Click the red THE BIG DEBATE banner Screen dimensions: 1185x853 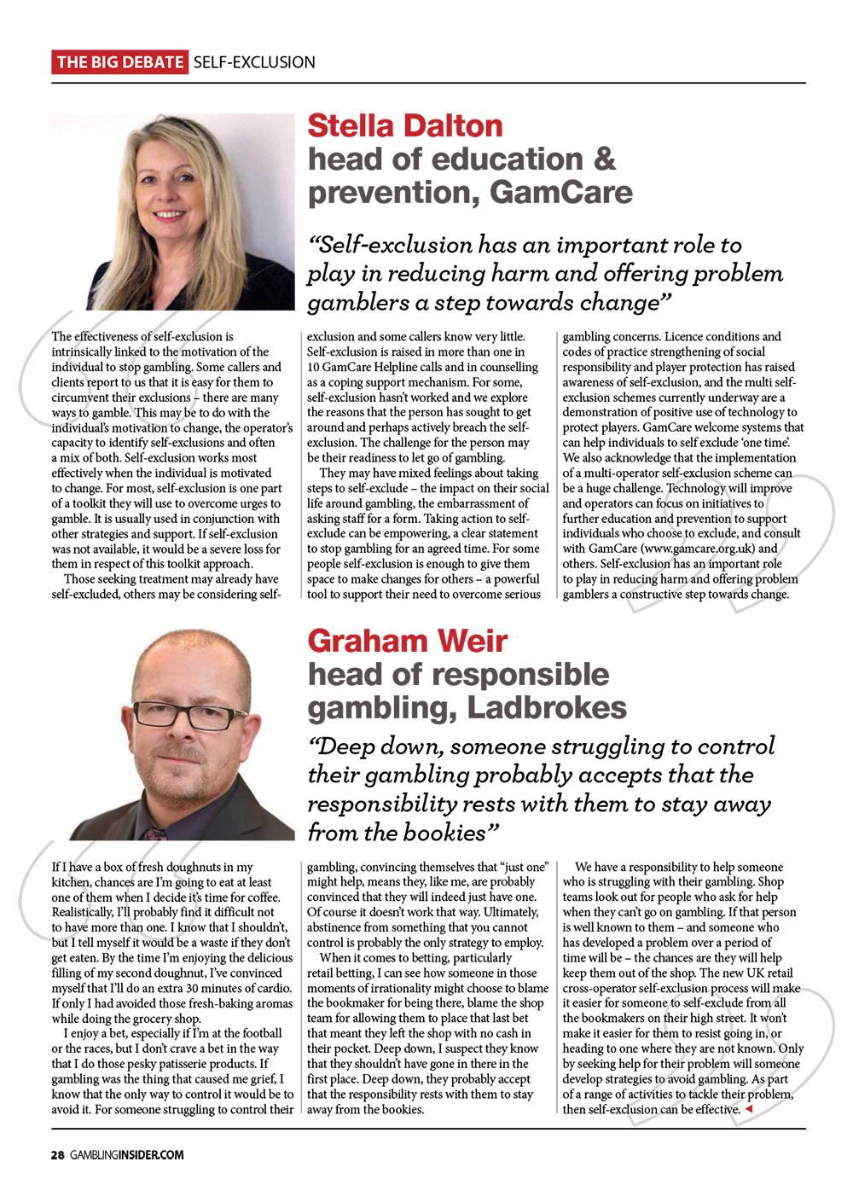click(x=119, y=62)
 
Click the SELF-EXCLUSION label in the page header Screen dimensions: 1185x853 click(x=254, y=62)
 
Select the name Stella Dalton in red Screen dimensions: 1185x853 click(x=405, y=125)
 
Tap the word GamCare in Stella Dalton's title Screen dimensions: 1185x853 click(x=562, y=192)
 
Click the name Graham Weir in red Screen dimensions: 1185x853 click(x=407, y=640)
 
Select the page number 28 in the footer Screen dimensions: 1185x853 click(x=57, y=1155)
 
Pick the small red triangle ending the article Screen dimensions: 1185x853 click(x=748, y=1109)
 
